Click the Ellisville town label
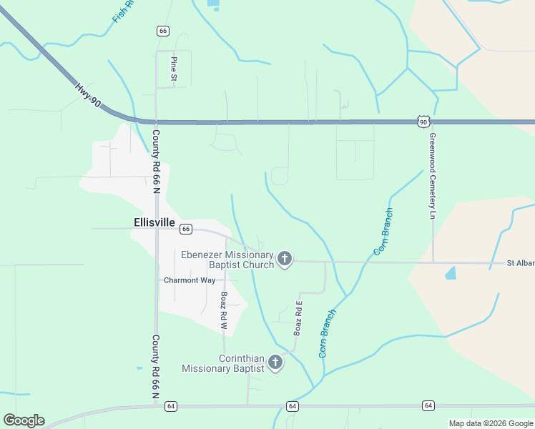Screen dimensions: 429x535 coord(154,222)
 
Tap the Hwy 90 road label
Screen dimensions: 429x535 coord(87,97)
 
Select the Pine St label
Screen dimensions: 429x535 coord(173,67)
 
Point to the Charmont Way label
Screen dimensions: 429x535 coord(190,280)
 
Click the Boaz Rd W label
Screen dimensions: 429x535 coord(223,311)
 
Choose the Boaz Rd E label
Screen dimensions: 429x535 coord(299,319)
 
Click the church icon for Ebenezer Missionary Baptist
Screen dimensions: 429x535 coord(285,259)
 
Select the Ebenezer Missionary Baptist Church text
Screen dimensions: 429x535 coord(227,260)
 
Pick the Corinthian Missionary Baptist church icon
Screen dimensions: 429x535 coord(275,363)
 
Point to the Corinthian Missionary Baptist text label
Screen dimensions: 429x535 coord(223,363)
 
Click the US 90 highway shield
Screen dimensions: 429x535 coord(423,122)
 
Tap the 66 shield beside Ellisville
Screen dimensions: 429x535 coord(185,229)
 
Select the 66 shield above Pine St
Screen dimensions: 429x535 coord(163,31)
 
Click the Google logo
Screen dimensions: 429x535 coord(24,420)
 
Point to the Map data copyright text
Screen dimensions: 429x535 coord(490,423)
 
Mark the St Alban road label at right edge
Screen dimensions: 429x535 coord(520,263)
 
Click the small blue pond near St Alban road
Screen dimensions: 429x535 coord(450,272)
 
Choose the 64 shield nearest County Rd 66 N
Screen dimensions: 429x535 coord(170,406)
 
